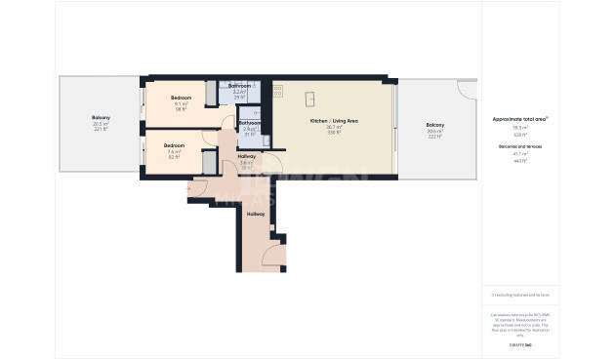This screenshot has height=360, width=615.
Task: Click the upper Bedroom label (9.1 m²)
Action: click(x=181, y=99)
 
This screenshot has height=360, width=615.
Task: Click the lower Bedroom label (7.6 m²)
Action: click(x=175, y=145)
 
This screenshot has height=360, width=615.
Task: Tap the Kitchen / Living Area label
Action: click(x=335, y=120)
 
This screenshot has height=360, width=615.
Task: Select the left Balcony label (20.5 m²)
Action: click(x=101, y=118)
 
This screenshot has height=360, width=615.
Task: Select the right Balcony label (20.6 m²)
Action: click(x=434, y=125)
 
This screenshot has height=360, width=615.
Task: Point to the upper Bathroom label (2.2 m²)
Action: click(x=239, y=86)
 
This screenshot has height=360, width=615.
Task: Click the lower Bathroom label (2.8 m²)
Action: click(x=249, y=123)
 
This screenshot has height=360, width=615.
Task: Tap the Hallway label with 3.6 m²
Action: click(x=247, y=156)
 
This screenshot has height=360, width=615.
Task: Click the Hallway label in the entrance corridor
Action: click(x=256, y=214)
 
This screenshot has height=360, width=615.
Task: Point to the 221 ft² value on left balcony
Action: click(x=101, y=130)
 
